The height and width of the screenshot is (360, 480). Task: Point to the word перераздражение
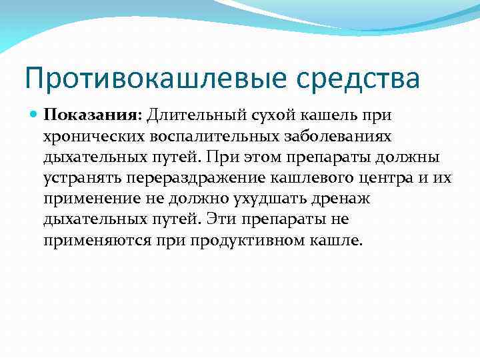click(190, 178)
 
